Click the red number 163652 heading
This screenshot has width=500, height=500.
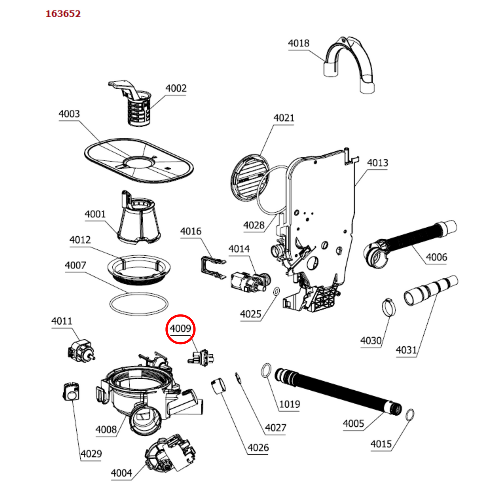[63, 14]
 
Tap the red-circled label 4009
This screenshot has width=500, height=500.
[180, 328]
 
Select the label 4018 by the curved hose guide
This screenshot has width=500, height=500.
[299, 43]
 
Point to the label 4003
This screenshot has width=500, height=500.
[69, 114]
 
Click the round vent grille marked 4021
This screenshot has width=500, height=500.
[249, 178]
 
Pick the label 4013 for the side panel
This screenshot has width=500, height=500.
[378, 163]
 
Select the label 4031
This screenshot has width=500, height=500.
[406, 350]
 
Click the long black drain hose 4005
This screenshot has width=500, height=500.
[339, 391]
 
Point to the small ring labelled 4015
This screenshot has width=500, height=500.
[410, 415]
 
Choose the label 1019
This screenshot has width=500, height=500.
[290, 404]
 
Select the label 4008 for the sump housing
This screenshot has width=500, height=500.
[106, 429]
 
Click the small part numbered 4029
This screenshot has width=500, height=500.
[71, 392]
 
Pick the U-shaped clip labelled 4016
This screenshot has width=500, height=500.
[211, 266]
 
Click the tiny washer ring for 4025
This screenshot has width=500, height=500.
[276, 292]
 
